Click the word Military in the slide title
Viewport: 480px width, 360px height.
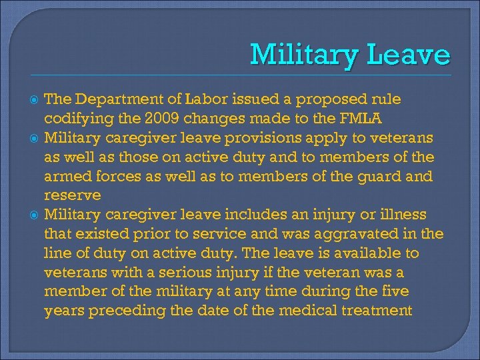[x=305, y=55]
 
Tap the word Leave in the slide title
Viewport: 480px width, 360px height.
[x=410, y=55]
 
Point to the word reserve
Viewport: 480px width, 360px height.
[x=73, y=196]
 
